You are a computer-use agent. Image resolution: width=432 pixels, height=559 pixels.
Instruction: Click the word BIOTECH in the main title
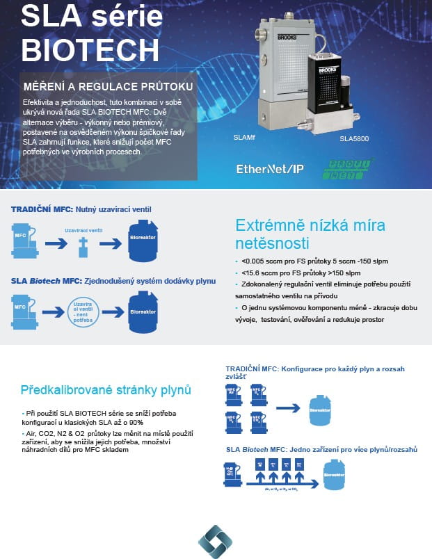coord(90,49)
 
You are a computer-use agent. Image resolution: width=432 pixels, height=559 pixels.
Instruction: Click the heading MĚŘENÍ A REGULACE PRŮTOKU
coord(109,87)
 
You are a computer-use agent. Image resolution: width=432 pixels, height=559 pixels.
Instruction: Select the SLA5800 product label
coord(354,139)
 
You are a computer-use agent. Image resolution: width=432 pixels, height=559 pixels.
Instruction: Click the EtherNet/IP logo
coord(270,168)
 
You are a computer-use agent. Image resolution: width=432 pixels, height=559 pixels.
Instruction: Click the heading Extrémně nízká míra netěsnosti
coord(310,234)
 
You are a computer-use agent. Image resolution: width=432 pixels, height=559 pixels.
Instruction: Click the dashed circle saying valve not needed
coord(85,311)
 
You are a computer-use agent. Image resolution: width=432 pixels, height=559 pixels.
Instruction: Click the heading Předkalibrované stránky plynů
coord(106,389)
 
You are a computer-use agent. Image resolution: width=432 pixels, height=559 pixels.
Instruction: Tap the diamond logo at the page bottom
coord(215,541)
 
